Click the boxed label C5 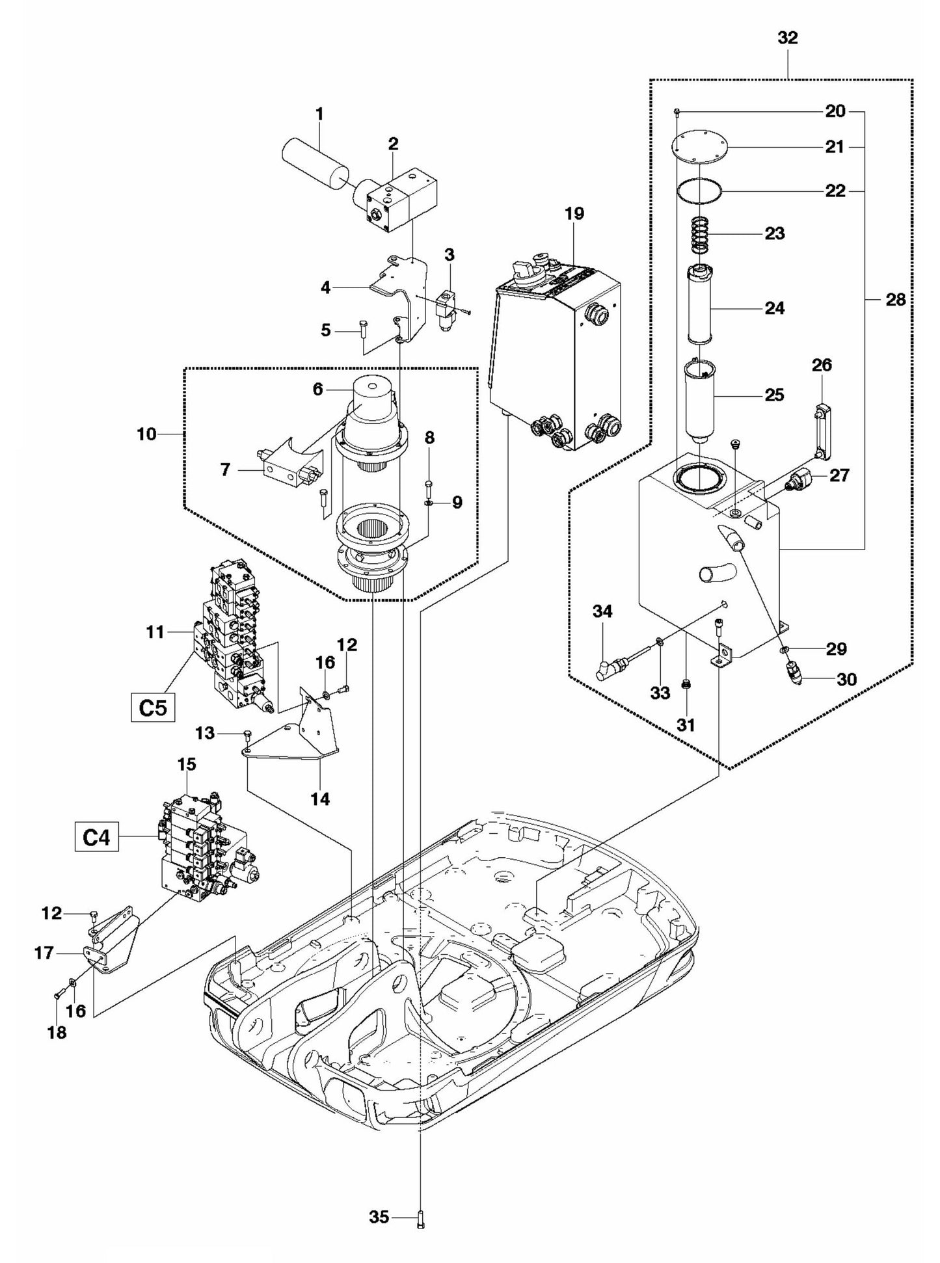pos(153,708)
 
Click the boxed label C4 pos(96,838)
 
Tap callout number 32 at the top pos(787,38)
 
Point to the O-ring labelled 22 pos(699,191)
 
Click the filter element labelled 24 pos(701,306)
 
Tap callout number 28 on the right pos(895,300)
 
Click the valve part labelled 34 pos(609,667)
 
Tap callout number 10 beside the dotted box pos(146,434)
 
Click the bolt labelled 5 pos(363,330)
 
